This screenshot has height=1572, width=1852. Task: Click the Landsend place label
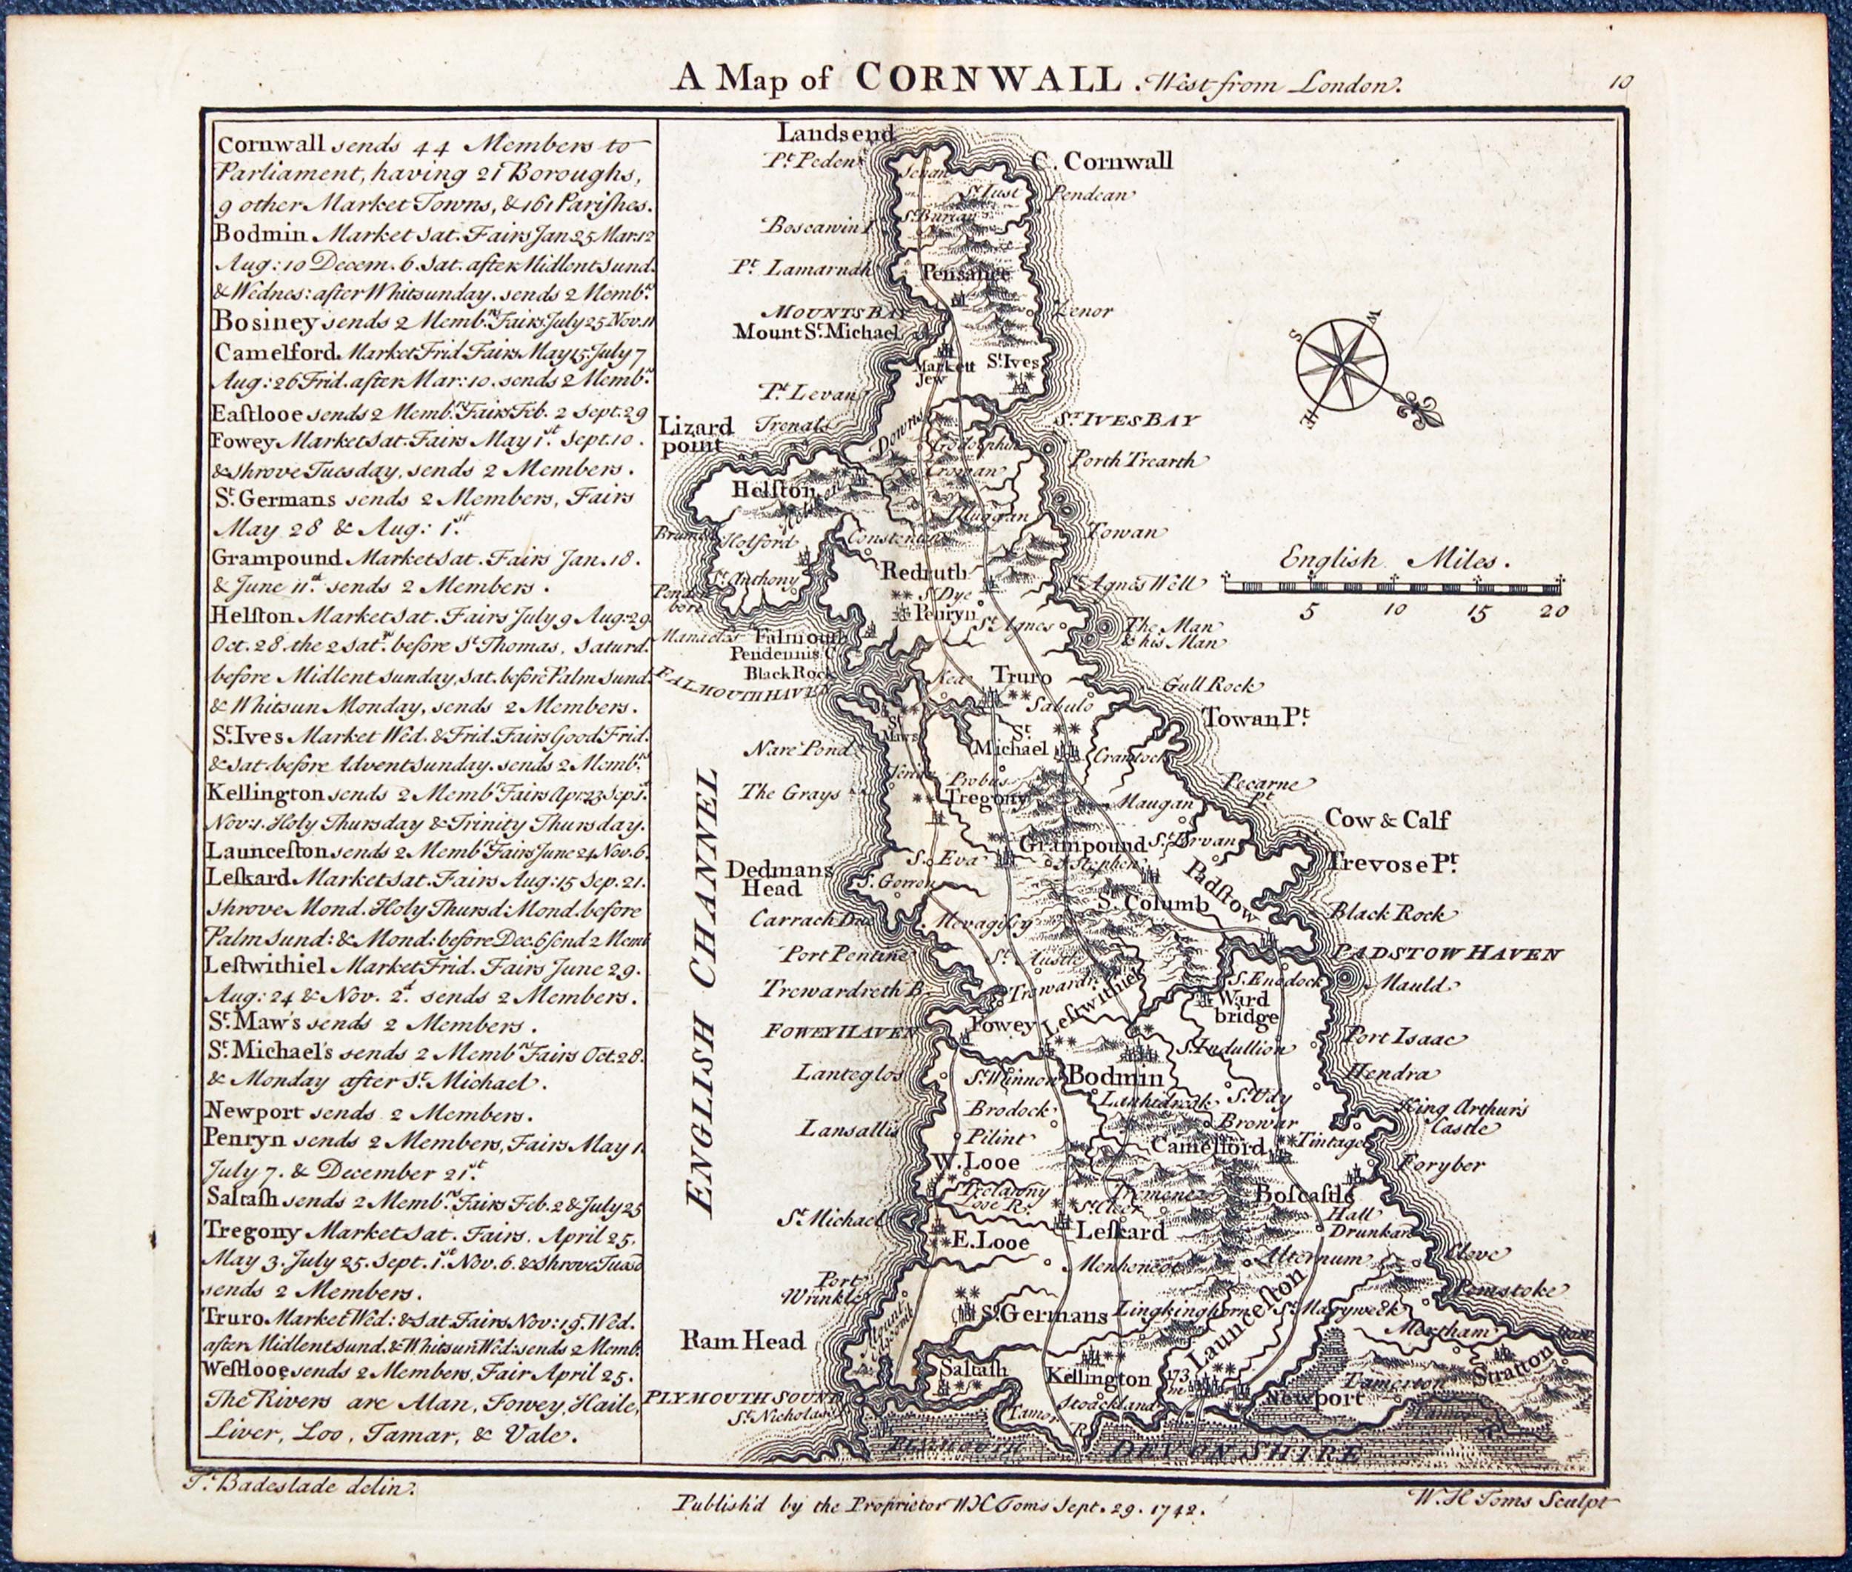click(835, 133)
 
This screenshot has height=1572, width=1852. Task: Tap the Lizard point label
click(697, 435)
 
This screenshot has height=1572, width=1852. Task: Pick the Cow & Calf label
click(1387, 819)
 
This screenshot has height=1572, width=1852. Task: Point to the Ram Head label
click(742, 1340)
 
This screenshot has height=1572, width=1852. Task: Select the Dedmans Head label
click(778, 878)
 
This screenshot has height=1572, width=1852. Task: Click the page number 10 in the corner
click(1621, 83)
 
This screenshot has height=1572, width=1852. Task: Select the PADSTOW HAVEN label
click(1449, 953)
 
